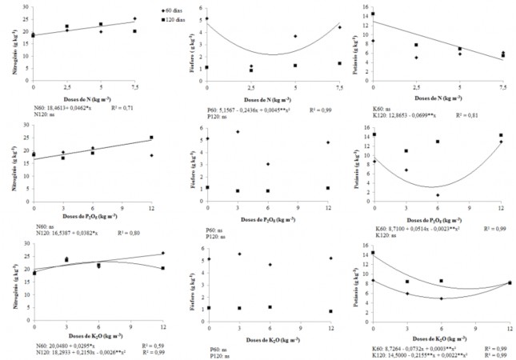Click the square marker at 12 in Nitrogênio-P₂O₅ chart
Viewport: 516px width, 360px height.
click(x=150, y=138)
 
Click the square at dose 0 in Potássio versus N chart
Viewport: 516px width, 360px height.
click(x=373, y=14)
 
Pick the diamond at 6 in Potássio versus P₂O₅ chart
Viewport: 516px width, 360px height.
click(x=438, y=195)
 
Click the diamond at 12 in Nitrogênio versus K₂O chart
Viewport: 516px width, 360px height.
click(x=162, y=254)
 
